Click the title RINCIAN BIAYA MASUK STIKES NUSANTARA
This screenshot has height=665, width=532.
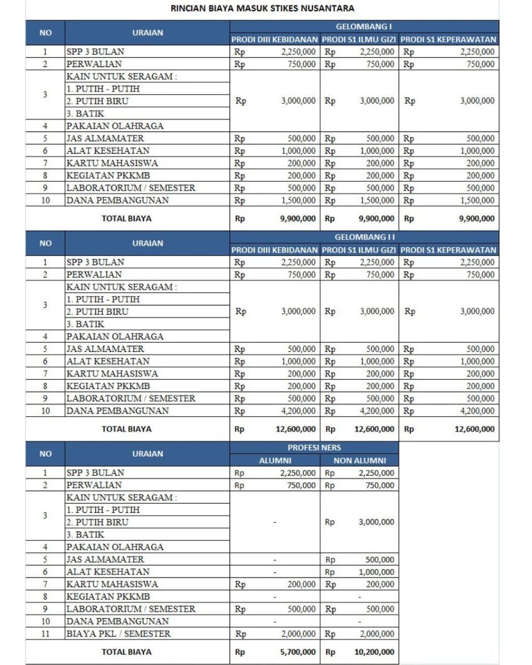(262, 8)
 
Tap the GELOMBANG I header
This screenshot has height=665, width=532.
(364, 26)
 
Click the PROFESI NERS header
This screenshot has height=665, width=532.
(314, 447)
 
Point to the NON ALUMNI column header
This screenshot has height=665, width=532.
(360, 460)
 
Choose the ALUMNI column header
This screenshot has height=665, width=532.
(275, 460)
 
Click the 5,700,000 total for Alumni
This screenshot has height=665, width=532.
(298, 651)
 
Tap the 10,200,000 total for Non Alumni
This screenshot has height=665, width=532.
(374, 651)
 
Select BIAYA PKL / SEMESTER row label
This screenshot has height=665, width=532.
(118, 633)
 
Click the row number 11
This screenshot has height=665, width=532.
(45, 633)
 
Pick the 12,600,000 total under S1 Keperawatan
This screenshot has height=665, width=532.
(474, 429)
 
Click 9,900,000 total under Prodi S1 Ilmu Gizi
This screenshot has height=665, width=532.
(376, 219)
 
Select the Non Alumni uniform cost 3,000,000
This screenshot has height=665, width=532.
(376, 522)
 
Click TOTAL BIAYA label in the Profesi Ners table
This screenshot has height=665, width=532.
(126, 651)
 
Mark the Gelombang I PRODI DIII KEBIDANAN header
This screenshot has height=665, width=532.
(274, 39)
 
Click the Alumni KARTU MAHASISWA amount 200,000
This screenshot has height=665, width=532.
(301, 584)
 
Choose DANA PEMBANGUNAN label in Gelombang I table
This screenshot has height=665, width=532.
(117, 200)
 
